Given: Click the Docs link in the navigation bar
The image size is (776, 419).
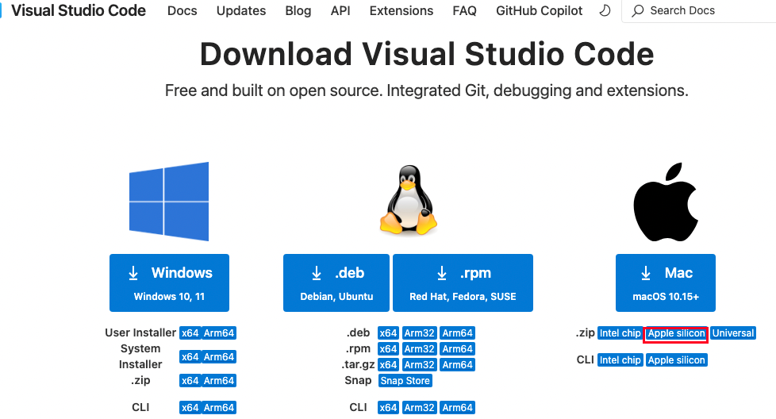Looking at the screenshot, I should point(182,11).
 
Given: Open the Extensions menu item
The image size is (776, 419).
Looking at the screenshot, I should point(401,11).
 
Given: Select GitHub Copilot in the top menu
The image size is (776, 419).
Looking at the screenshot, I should point(539,11).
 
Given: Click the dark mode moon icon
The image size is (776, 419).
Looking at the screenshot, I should point(605,11).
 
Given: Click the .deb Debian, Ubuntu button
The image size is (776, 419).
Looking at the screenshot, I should point(336,283).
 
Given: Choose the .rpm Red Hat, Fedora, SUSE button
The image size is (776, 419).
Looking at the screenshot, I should point(463,283).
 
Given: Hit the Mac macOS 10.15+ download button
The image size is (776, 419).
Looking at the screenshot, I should point(666,283).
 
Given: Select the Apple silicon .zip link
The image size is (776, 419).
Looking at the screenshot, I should point(676,333).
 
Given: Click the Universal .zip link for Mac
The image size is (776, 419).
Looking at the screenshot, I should point(733,333).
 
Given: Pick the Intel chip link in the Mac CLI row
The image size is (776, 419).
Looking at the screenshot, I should point(620,360).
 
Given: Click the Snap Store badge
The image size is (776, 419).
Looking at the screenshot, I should point(405,381).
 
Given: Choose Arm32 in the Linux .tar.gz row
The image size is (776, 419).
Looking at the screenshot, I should point(419,365).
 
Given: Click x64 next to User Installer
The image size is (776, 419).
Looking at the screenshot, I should point(190,333).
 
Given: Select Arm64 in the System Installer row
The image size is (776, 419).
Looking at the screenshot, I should point(219,357).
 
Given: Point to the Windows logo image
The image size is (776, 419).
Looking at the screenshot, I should point(169,202).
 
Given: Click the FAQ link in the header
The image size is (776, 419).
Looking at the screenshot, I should point(465,11).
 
